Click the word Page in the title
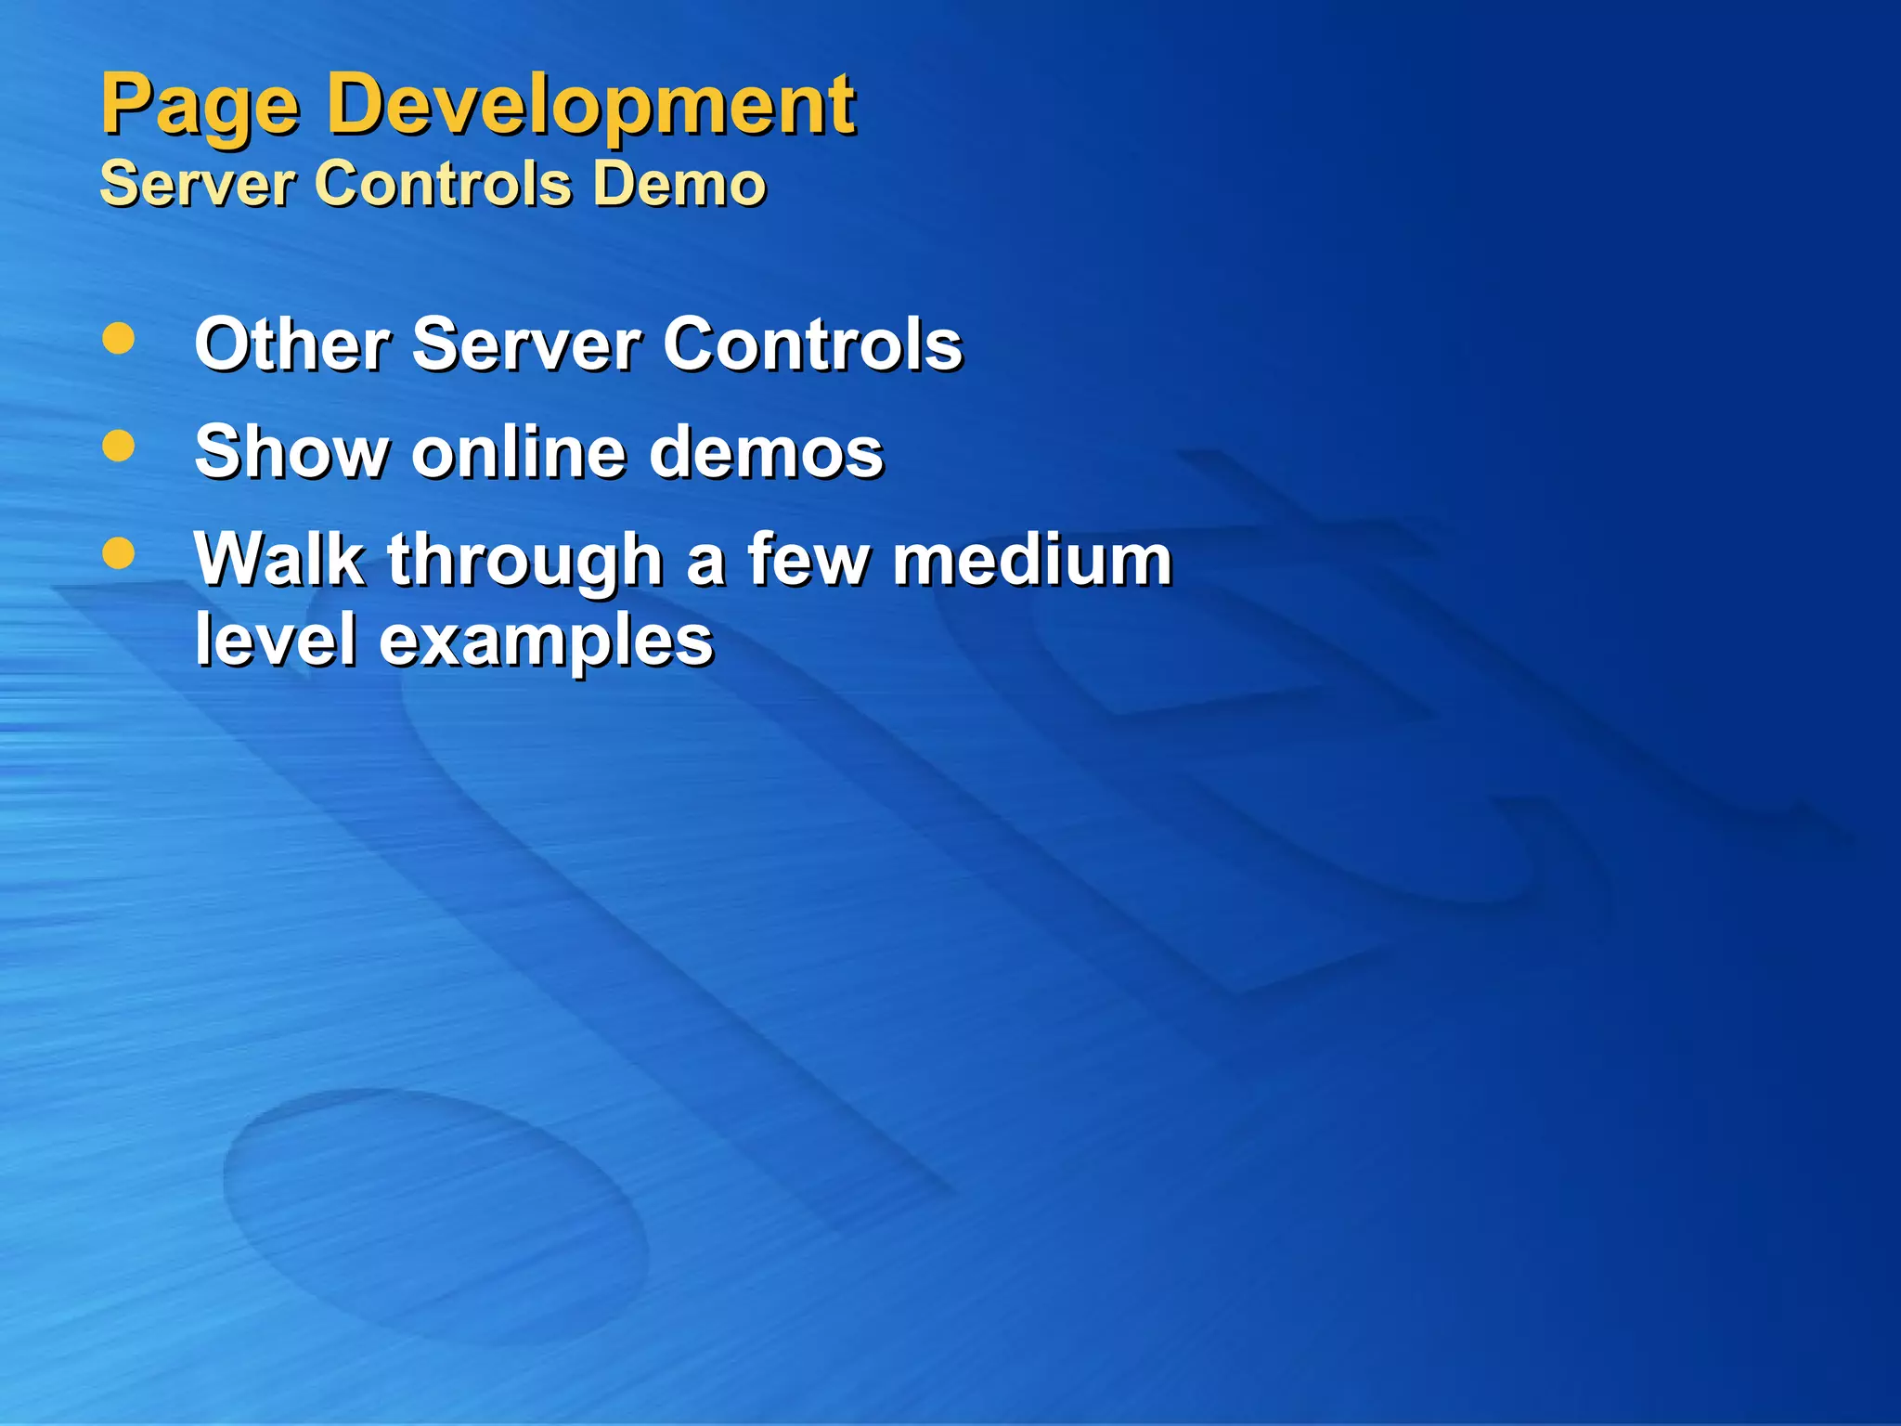[200, 107]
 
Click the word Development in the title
[590, 107]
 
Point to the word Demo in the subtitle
[679, 183]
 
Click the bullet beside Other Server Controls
[119, 339]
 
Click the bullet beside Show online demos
[119, 447]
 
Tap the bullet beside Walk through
[119, 554]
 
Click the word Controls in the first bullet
[812, 344]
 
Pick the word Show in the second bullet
[291, 452]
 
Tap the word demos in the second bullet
[766, 452]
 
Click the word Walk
[279, 560]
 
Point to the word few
[808, 560]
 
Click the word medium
[1032, 560]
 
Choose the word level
[276, 640]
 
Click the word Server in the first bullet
[526, 344]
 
